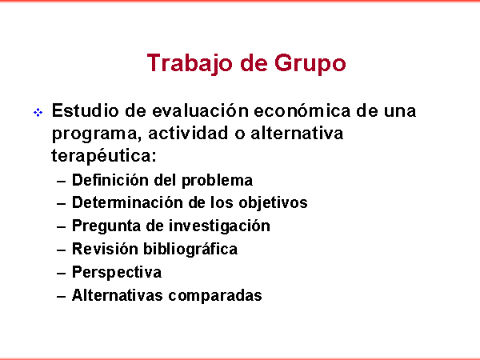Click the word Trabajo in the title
189,63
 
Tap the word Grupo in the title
310,63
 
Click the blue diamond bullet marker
38,112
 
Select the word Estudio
85,110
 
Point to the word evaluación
200,110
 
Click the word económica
302,110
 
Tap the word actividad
188,133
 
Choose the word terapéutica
104,156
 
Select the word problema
217,181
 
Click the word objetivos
273,203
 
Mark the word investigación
219,226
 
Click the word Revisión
105,249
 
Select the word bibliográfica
190,249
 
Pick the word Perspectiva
117,273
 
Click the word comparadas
215,296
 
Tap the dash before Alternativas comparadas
62,297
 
